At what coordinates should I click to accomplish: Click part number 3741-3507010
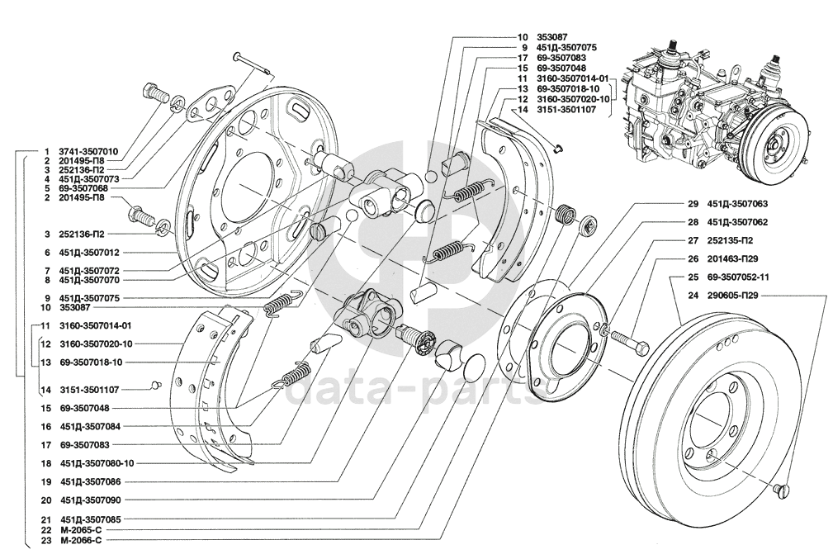tap(88, 151)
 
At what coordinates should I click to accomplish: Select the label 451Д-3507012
tap(90, 253)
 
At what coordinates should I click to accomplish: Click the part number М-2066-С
tap(81, 540)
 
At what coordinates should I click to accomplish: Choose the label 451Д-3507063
tap(737, 204)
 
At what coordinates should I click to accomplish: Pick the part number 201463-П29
tap(732, 259)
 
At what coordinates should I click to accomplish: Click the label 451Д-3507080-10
tap(97, 463)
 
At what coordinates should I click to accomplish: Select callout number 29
tap(692, 204)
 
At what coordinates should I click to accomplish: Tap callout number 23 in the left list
tap(45, 540)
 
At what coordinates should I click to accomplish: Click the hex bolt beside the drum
tap(630, 342)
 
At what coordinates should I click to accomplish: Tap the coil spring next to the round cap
tap(566, 214)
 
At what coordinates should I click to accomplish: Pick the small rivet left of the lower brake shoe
tap(154, 384)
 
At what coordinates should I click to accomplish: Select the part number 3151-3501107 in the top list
tap(566, 110)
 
